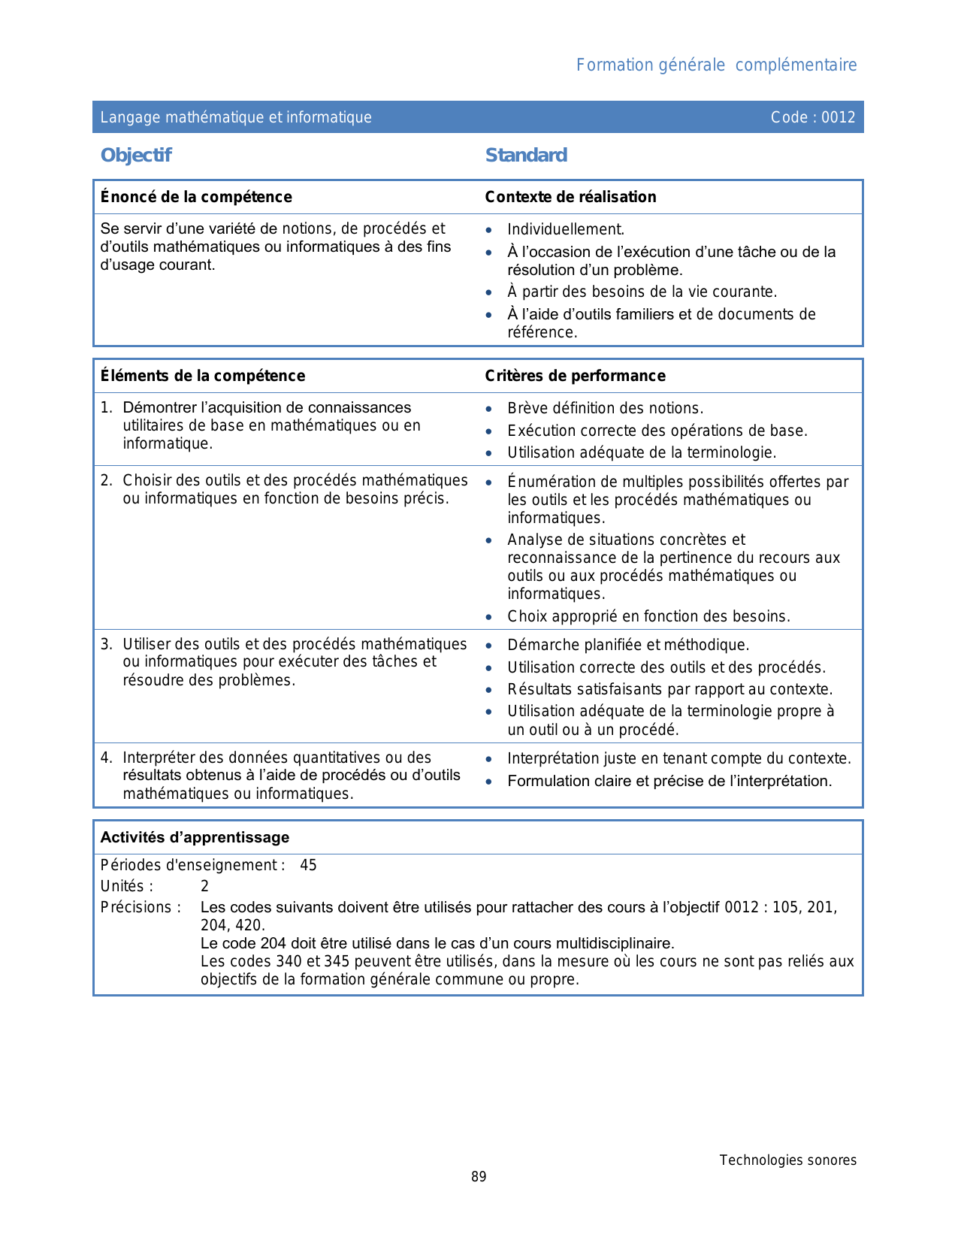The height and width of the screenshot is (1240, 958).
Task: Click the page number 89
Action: [479, 1177]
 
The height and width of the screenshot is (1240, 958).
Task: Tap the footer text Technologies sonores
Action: [787, 1160]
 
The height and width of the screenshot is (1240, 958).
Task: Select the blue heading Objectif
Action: [136, 156]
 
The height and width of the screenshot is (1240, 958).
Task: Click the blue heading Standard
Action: [526, 156]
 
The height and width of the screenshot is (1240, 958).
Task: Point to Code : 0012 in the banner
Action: [813, 117]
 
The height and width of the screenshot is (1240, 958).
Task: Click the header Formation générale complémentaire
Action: [716, 65]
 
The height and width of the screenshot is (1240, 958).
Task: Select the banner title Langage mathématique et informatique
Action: [236, 117]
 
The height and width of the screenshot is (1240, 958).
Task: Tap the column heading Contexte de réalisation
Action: [570, 197]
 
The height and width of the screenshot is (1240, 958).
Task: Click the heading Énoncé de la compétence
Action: [196, 197]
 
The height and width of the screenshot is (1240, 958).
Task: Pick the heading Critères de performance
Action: [575, 376]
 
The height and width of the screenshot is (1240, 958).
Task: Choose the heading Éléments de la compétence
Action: [203, 376]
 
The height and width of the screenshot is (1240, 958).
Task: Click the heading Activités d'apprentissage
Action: [195, 837]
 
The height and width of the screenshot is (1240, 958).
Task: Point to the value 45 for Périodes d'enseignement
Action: [308, 865]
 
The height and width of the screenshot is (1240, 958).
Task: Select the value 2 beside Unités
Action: [204, 886]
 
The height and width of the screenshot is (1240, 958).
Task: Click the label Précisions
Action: [141, 907]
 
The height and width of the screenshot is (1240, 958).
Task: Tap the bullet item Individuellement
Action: [566, 230]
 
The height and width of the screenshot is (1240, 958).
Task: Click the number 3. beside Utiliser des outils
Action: [107, 644]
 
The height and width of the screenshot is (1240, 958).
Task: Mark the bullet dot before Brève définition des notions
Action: [489, 410]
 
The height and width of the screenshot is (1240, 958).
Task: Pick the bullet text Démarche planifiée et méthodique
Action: [628, 645]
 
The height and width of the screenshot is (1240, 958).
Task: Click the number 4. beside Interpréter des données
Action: [107, 758]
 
